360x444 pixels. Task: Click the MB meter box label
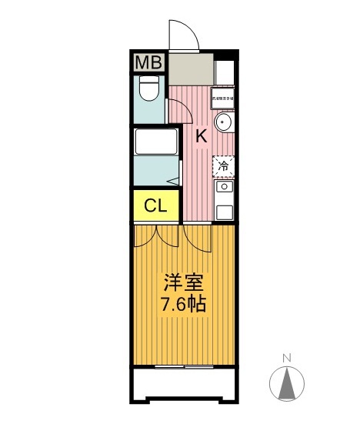148,63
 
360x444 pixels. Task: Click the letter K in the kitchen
200,137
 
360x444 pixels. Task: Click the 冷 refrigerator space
224,165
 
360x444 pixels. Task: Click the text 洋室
182,280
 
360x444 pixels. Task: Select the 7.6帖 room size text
182,303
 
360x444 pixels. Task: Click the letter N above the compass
286,357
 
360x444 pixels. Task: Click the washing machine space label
224,98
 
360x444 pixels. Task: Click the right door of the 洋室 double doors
198,239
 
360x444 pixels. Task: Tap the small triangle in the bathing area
175,181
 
